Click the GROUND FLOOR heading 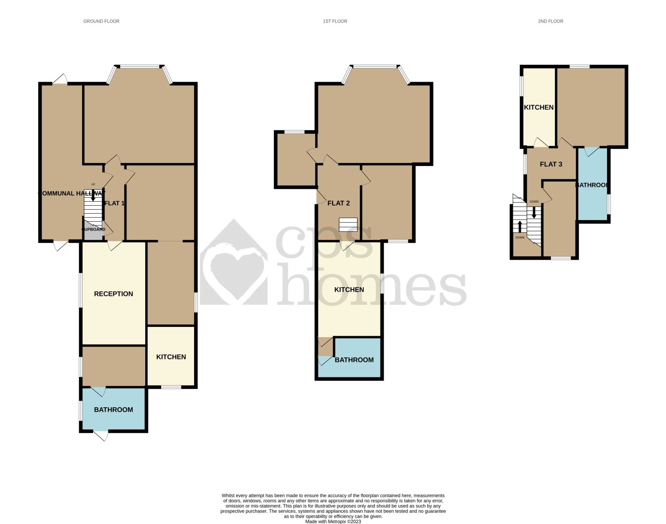pyautogui.click(x=101, y=21)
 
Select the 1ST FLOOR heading pyautogui.click(x=335, y=21)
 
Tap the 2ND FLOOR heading pyautogui.click(x=550, y=21)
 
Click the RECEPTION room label pyautogui.click(x=113, y=294)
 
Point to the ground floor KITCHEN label pyautogui.click(x=171, y=357)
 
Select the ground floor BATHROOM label pyautogui.click(x=113, y=410)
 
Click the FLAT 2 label pyautogui.click(x=338, y=203)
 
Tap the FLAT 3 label pyautogui.click(x=551, y=164)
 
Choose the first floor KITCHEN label pyautogui.click(x=349, y=290)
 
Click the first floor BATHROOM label pyautogui.click(x=354, y=360)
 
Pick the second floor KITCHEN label pyautogui.click(x=539, y=107)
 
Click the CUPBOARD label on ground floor pyautogui.click(x=94, y=230)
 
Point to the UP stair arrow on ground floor pyautogui.click(x=93, y=195)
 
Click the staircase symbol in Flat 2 pyautogui.click(x=348, y=225)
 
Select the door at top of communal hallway pyautogui.click(x=60, y=79)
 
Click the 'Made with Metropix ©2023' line pyautogui.click(x=333, y=522)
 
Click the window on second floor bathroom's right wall pyautogui.click(x=609, y=204)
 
